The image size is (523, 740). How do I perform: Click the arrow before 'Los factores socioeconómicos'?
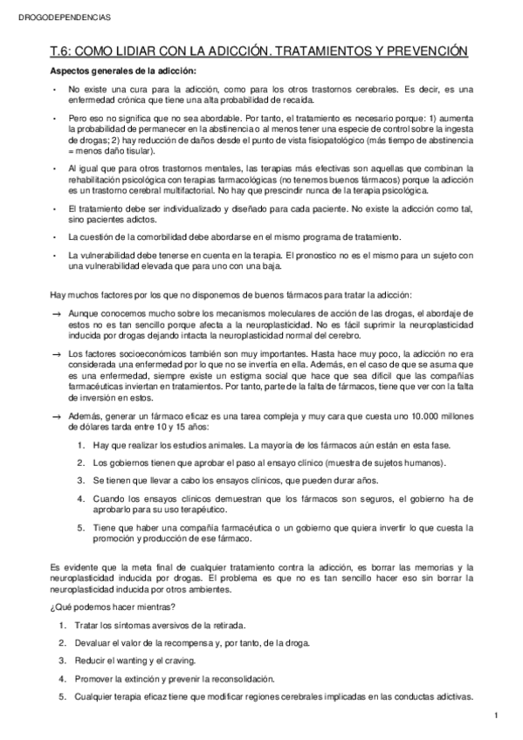(x=57, y=353)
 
